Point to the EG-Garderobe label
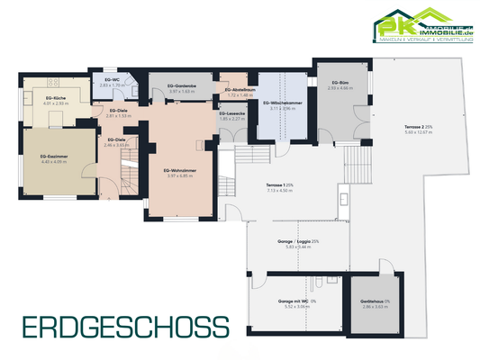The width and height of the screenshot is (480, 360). (x=181, y=86)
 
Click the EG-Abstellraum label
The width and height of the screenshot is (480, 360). (x=231, y=89)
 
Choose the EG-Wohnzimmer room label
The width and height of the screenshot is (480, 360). (x=180, y=170)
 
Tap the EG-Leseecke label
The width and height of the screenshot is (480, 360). (x=231, y=112)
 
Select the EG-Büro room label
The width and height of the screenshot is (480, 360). (x=340, y=82)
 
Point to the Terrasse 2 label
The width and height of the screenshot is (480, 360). (x=421, y=128)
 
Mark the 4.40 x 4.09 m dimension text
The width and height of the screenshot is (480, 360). (x=55, y=162)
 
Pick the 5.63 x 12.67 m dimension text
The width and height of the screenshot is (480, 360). (x=421, y=133)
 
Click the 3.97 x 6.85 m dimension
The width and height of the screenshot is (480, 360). (x=180, y=175)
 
